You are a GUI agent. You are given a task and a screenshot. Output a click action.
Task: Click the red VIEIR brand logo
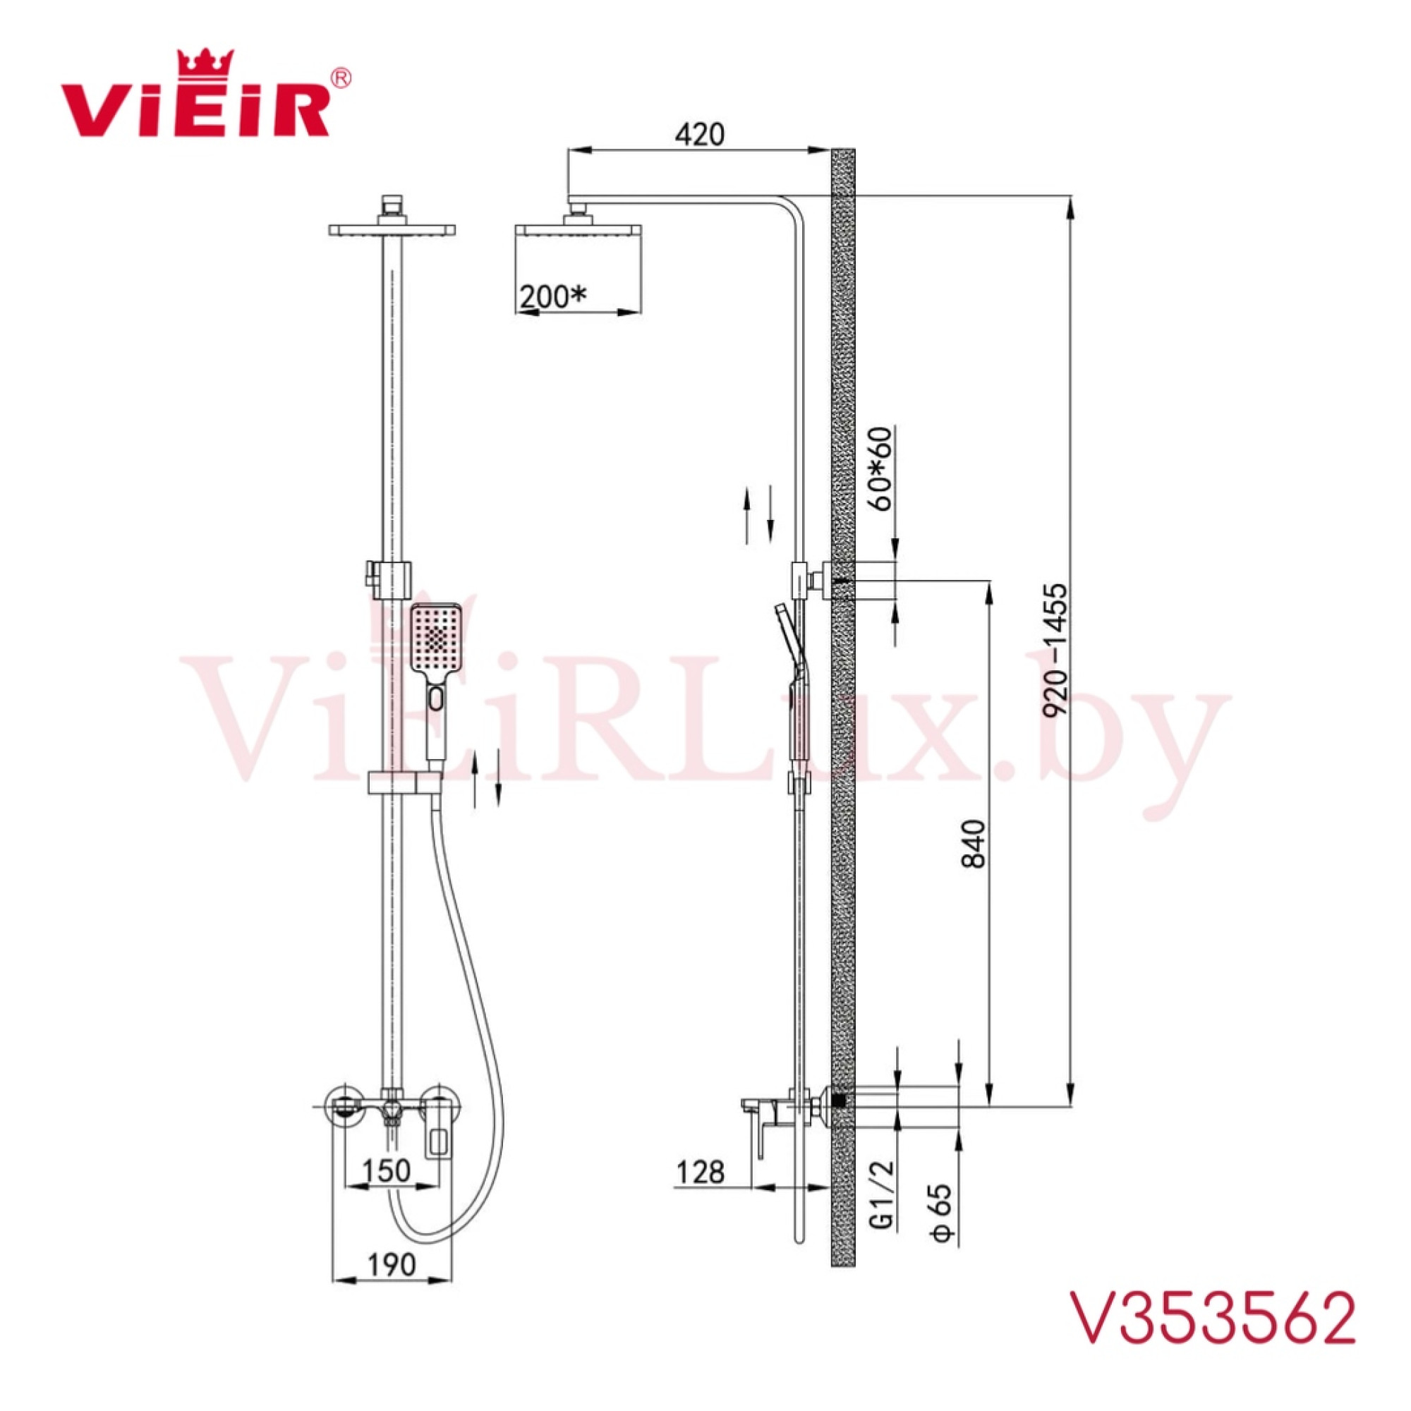coord(205,94)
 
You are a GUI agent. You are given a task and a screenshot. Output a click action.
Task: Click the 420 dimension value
coord(699,134)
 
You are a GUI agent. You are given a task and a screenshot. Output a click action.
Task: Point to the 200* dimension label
coord(553,296)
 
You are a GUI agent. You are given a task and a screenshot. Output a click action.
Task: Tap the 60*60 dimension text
coord(883,469)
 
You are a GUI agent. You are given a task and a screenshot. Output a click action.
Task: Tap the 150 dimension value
coord(387,1170)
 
